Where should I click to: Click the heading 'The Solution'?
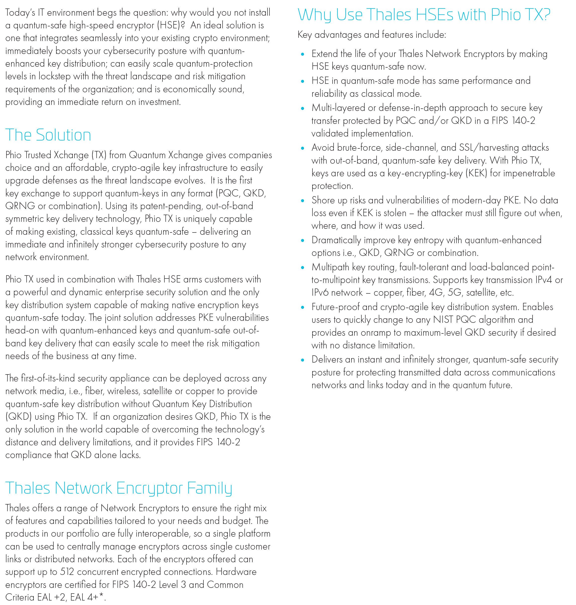[x=48, y=135]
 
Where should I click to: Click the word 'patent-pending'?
[x=171, y=206]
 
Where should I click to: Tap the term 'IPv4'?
[x=543, y=280]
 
